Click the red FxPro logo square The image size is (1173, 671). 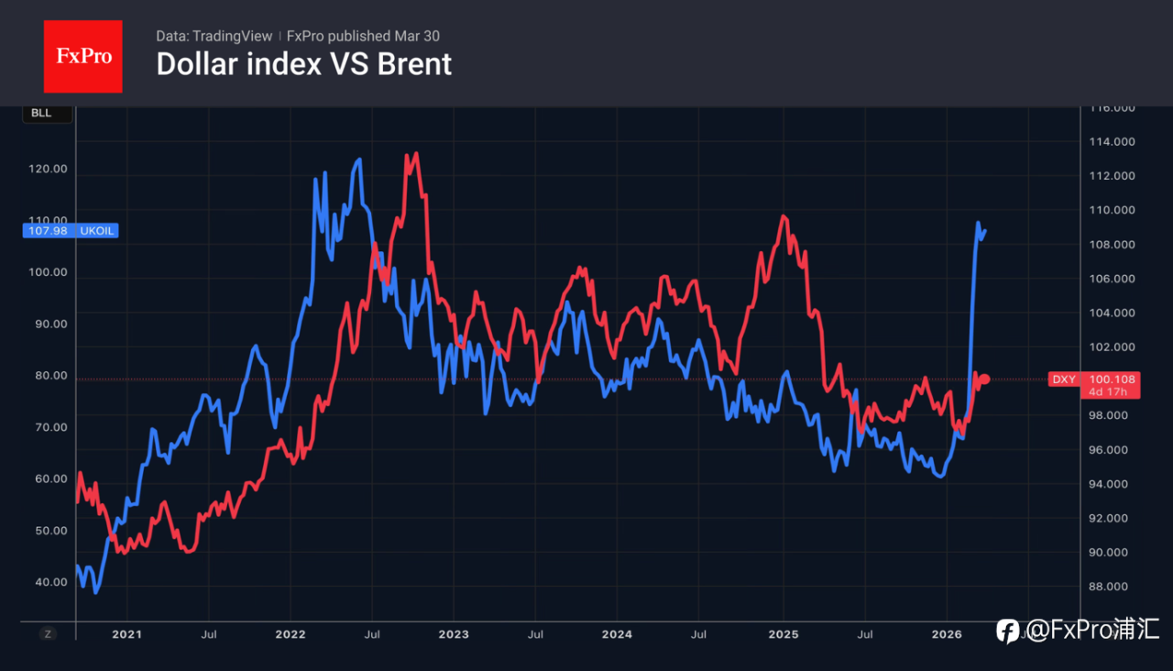point(82,56)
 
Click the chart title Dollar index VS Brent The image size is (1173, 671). point(303,64)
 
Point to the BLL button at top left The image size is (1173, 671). point(41,114)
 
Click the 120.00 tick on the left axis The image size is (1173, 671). point(49,169)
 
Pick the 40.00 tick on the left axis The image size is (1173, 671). point(49,582)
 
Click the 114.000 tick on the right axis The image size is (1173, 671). point(1112,142)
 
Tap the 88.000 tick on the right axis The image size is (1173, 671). point(1112,587)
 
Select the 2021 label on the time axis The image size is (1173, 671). point(126,634)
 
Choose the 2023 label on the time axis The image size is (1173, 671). point(453,634)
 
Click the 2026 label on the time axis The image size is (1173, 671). point(947,634)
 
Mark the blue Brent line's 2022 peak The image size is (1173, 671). point(358,160)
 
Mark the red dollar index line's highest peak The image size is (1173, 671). point(415,154)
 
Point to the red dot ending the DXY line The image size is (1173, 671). point(985,379)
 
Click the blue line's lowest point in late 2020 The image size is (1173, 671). point(96,592)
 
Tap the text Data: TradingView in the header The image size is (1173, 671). point(214,36)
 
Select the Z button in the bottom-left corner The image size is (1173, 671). point(49,633)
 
